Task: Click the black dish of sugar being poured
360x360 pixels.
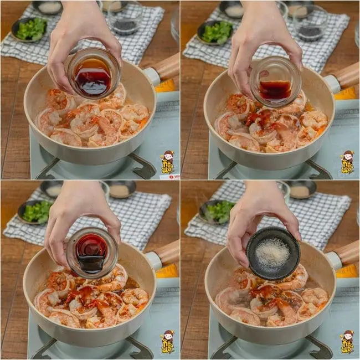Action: (272, 253)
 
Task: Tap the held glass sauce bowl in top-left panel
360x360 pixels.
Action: (92, 74)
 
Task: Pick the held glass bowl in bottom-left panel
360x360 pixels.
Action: (91, 253)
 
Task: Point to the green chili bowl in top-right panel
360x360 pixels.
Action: (216, 32)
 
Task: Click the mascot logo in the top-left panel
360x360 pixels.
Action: (167, 162)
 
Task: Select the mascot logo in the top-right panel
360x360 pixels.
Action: (348, 162)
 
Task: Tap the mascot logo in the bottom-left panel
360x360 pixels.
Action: (167, 342)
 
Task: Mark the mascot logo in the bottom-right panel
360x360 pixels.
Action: (348, 342)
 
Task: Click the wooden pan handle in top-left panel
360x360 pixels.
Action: (165, 68)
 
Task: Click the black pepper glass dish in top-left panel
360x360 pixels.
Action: (124, 22)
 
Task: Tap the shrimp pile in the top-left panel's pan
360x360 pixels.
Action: (91, 119)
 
